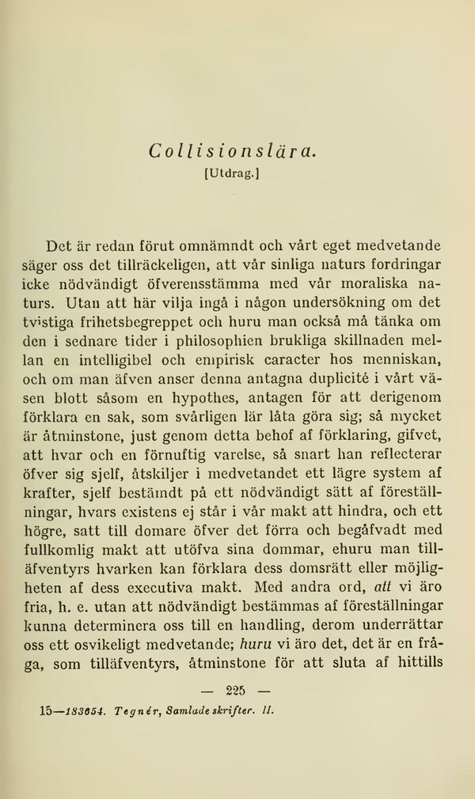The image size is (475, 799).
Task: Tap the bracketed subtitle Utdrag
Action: (x=233, y=172)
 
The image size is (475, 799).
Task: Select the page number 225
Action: (x=235, y=687)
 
